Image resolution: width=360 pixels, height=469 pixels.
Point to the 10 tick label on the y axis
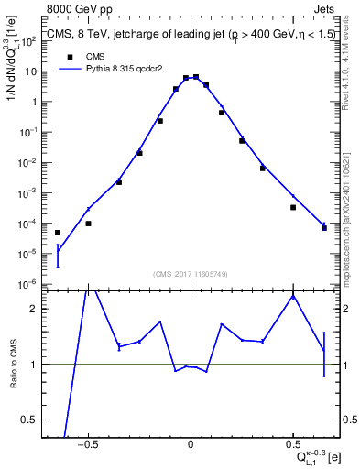[30, 71]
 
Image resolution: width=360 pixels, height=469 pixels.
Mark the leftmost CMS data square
[58, 233]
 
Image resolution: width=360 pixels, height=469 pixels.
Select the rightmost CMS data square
[324, 227]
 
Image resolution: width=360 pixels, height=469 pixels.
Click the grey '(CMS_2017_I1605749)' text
[190, 275]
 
